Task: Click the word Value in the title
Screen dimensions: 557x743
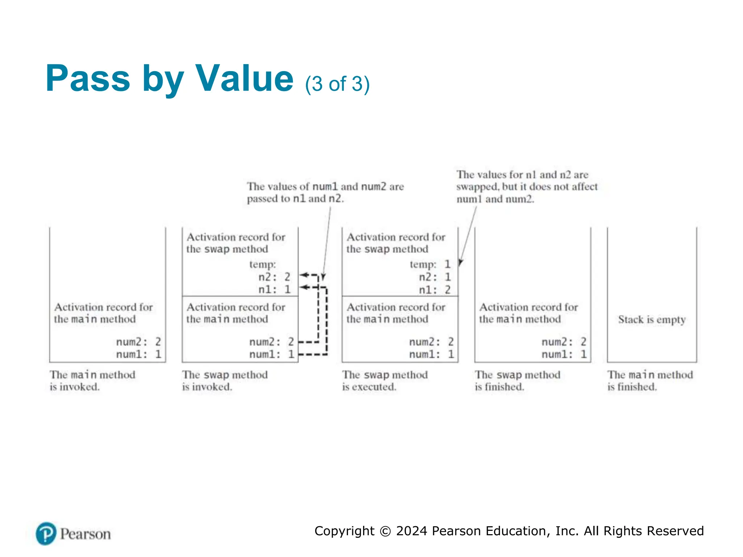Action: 244,78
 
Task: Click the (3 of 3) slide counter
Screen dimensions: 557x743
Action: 337,84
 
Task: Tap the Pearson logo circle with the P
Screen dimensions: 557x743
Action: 46,533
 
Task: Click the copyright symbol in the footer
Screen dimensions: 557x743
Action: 385,531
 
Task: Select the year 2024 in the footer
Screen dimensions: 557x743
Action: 412,531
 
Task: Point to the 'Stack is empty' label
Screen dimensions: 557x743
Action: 652,319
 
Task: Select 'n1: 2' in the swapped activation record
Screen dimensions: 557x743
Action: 435,290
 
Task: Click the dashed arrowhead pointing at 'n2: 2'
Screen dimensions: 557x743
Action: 303,275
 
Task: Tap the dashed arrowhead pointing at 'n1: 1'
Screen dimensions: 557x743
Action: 303,288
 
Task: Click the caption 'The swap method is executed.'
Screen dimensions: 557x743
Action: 385,380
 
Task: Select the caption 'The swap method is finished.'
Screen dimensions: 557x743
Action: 517,380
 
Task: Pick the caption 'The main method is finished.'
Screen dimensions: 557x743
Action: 650,380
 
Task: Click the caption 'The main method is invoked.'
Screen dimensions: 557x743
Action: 92,380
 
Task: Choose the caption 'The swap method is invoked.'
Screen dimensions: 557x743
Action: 225,380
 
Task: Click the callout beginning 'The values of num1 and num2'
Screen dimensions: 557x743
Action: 325,193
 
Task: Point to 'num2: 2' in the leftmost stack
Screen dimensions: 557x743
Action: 138,342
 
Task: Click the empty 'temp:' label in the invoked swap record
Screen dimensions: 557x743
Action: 263,264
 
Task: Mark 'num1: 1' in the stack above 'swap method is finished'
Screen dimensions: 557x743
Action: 564,354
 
